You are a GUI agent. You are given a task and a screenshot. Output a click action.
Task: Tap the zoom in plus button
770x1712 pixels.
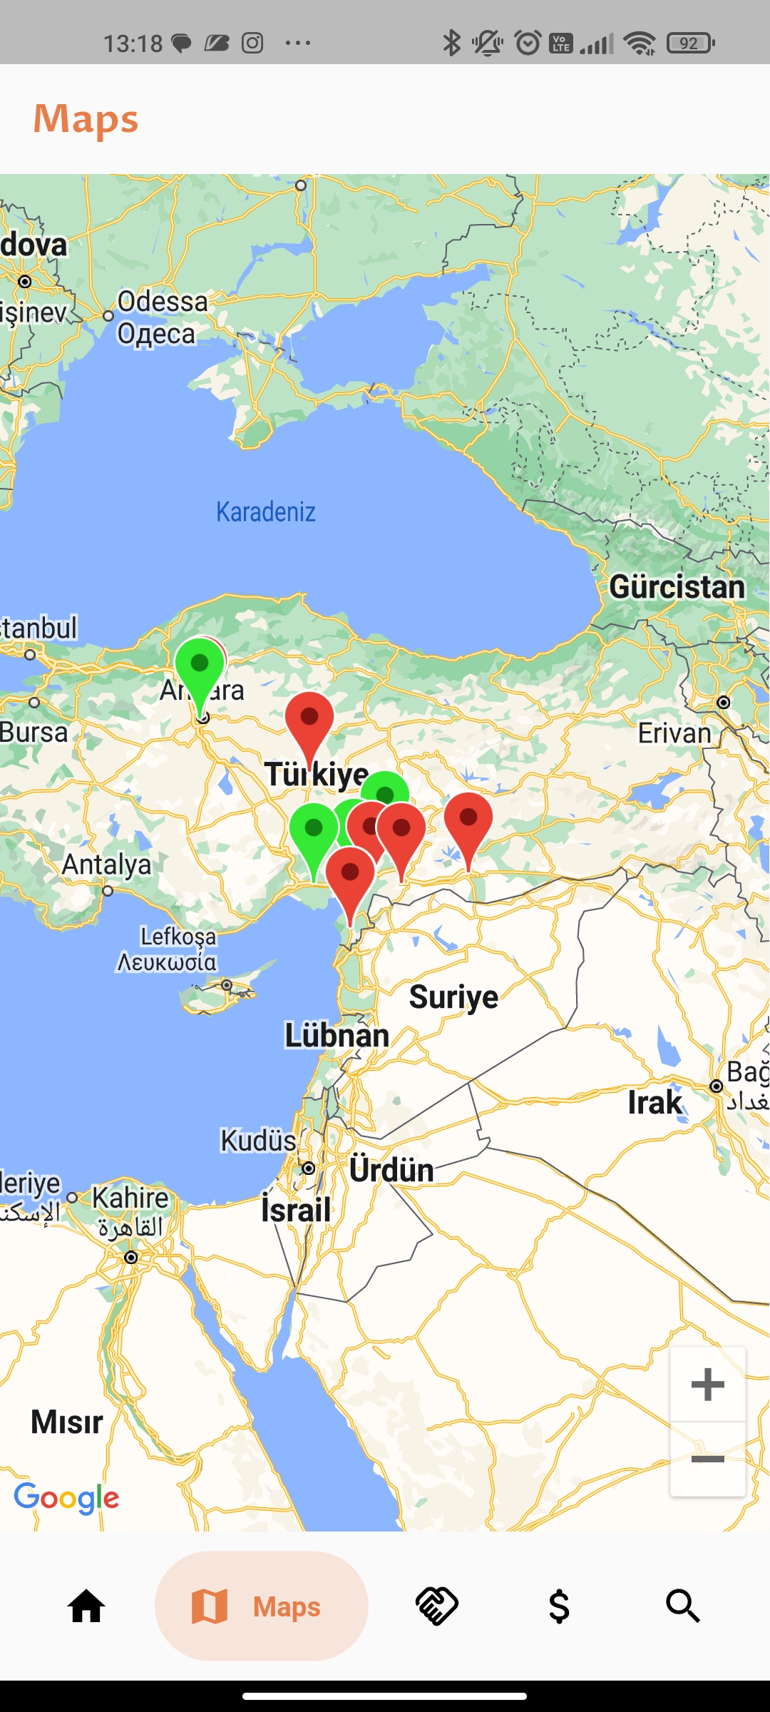point(708,1385)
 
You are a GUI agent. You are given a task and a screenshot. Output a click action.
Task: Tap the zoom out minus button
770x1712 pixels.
point(708,1459)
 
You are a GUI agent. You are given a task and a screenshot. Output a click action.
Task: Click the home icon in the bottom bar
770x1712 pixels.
point(86,1606)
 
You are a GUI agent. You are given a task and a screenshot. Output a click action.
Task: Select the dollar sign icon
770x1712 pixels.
point(559,1606)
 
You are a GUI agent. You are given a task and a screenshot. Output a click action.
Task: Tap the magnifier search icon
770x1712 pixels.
point(682,1606)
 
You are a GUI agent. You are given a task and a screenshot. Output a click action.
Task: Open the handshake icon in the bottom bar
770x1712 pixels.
point(436,1606)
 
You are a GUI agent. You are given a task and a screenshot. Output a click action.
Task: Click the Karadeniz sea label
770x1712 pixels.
point(265,511)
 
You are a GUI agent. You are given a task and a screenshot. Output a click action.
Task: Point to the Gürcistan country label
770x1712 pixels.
point(677,587)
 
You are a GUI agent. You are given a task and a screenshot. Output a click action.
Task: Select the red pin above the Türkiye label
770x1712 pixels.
point(309,722)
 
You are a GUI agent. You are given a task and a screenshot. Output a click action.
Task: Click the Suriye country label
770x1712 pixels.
point(453,997)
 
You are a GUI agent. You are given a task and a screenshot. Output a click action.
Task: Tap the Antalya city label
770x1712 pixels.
point(106,865)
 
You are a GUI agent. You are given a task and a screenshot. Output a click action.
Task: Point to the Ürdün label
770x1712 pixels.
point(391,1171)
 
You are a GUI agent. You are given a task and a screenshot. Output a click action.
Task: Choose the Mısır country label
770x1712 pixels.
point(67,1422)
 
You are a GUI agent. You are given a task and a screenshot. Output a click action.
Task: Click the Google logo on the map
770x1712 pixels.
point(66,1497)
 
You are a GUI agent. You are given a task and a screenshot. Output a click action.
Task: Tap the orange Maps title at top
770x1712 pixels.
point(86,118)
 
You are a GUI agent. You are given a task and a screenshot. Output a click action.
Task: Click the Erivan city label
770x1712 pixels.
point(674,733)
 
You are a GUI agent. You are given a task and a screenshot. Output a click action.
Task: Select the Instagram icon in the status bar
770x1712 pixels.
point(252,44)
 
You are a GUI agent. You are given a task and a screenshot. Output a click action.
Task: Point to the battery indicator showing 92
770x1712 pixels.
point(689,44)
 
